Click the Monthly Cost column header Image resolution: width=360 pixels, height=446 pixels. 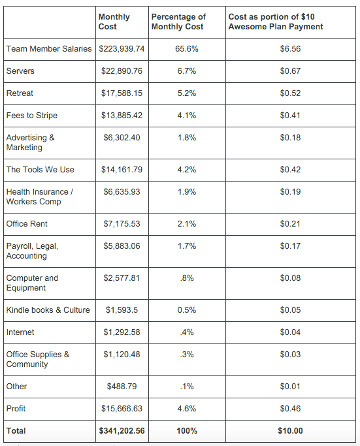tap(114, 22)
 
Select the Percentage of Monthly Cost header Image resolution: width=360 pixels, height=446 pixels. tap(178, 22)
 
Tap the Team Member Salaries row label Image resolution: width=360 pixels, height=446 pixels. tap(49, 49)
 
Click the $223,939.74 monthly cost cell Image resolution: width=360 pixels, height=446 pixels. tap(122, 49)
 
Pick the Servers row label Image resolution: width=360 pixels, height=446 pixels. tap(20, 71)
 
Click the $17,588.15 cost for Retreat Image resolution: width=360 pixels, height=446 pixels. tap(122, 93)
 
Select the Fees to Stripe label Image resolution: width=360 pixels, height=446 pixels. tap(31, 116)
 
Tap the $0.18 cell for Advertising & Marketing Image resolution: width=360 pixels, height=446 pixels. tap(290, 138)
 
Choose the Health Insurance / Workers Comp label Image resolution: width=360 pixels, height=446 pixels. tap(39, 197)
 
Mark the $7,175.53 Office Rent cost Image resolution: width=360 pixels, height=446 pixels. tap(122, 224)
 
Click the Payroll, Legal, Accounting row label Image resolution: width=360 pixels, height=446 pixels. tap(32, 251)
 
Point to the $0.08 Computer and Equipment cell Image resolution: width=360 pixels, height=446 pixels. tap(290, 278)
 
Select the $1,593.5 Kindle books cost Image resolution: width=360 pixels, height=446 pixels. tap(122, 310)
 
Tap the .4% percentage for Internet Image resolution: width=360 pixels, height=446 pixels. tap(187, 332)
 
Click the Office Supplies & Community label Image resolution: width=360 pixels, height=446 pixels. tap(37, 359)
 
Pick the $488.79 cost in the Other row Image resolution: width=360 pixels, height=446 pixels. tap(122, 387)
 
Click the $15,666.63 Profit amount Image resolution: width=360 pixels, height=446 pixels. tap(122, 409)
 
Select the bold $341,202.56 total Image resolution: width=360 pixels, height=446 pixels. tap(122, 431)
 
